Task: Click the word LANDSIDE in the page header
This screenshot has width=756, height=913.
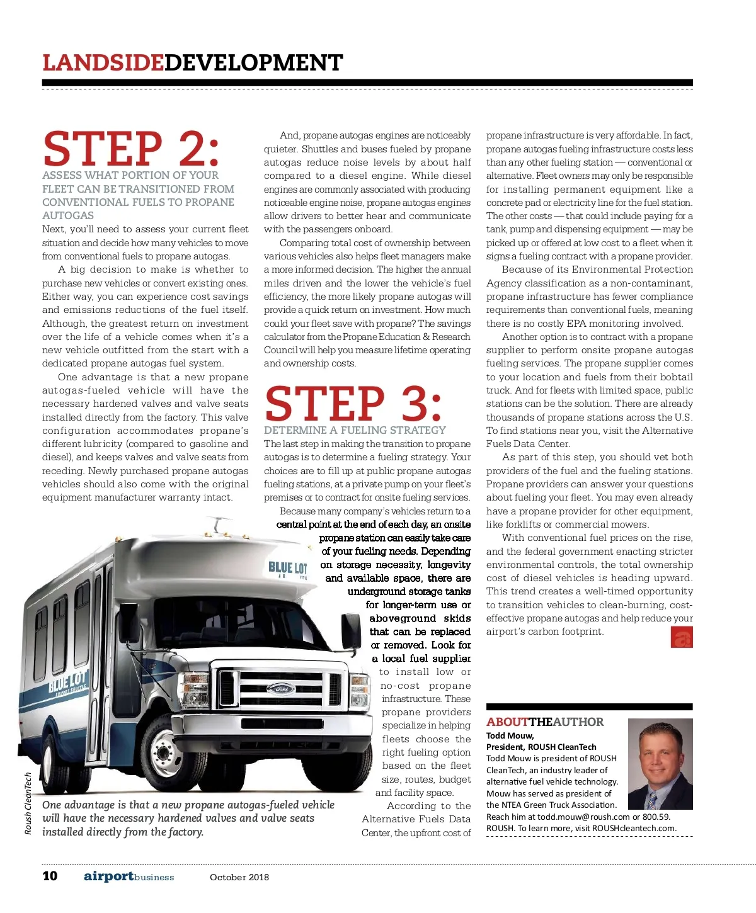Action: click(103, 63)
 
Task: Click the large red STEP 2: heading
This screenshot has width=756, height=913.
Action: click(131, 149)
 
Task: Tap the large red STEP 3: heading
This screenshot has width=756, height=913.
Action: click(353, 404)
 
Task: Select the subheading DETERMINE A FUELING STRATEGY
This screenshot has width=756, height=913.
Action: click(355, 430)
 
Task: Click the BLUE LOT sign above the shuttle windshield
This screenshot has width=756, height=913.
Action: click(288, 568)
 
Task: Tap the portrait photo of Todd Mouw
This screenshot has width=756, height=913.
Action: click(660, 764)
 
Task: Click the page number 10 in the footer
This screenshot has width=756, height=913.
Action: click(50, 876)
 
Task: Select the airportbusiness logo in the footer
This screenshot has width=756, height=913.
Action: click(129, 876)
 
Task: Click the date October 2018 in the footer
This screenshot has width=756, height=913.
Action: click(239, 877)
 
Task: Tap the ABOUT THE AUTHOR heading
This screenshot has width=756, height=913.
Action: click(545, 722)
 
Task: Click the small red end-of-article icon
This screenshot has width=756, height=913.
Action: click(682, 638)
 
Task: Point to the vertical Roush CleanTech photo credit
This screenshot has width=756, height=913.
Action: click(28, 803)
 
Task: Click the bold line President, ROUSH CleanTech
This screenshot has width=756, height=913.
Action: click(541, 747)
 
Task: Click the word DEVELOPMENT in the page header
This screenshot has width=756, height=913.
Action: click(253, 63)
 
